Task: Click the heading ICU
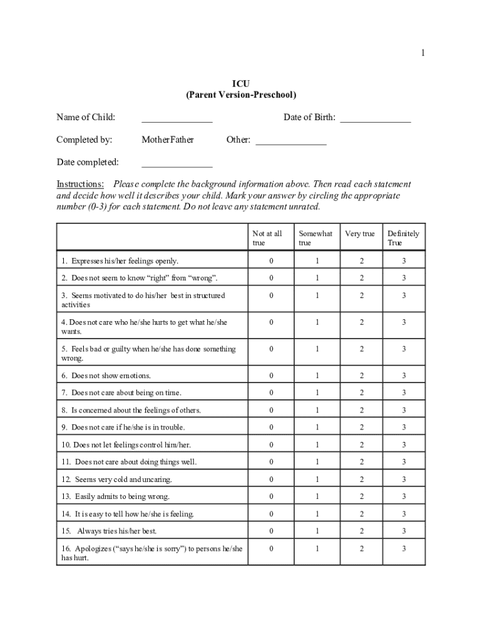click(241, 83)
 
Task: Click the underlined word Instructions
click(80, 184)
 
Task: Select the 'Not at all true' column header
click(267, 238)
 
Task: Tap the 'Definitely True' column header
click(403, 238)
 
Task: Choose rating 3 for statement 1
click(404, 260)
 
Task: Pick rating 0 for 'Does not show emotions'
click(271, 376)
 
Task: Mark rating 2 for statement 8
click(361, 410)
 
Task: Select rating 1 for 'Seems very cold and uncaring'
click(317, 479)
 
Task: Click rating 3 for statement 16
click(404, 549)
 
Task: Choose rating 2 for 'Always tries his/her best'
click(361, 531)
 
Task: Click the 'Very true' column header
click(360, 233)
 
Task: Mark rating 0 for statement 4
click(271, 322)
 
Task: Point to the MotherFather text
click(168, 140)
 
